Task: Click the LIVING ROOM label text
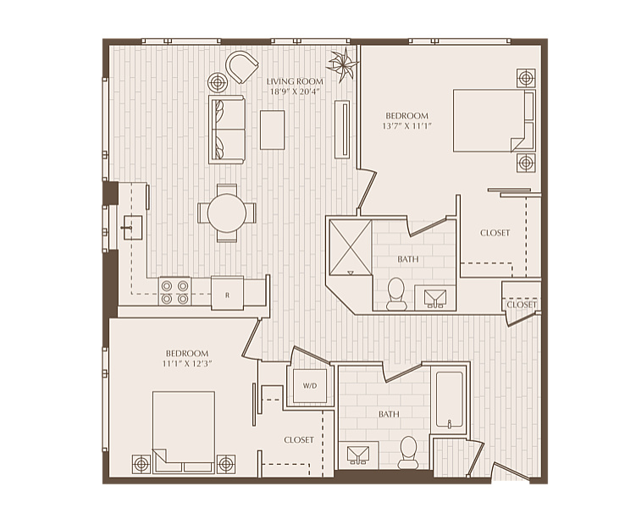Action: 295,81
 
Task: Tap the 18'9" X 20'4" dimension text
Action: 295,91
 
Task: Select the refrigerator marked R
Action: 227,293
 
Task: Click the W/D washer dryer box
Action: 310,385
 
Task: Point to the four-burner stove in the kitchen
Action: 174,291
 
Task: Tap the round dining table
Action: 227,213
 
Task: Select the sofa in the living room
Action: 227,130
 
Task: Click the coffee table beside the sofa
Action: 272,130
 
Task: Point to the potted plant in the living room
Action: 343,63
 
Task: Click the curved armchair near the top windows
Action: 241,67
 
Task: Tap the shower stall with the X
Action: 351,247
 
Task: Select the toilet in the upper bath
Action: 395,295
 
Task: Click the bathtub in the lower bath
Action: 450,400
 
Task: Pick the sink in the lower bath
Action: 358,455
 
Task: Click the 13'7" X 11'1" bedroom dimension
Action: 406,125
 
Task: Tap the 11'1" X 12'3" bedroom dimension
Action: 187,364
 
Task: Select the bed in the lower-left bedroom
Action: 184,432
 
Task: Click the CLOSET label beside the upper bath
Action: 495,233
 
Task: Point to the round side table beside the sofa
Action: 218,83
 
